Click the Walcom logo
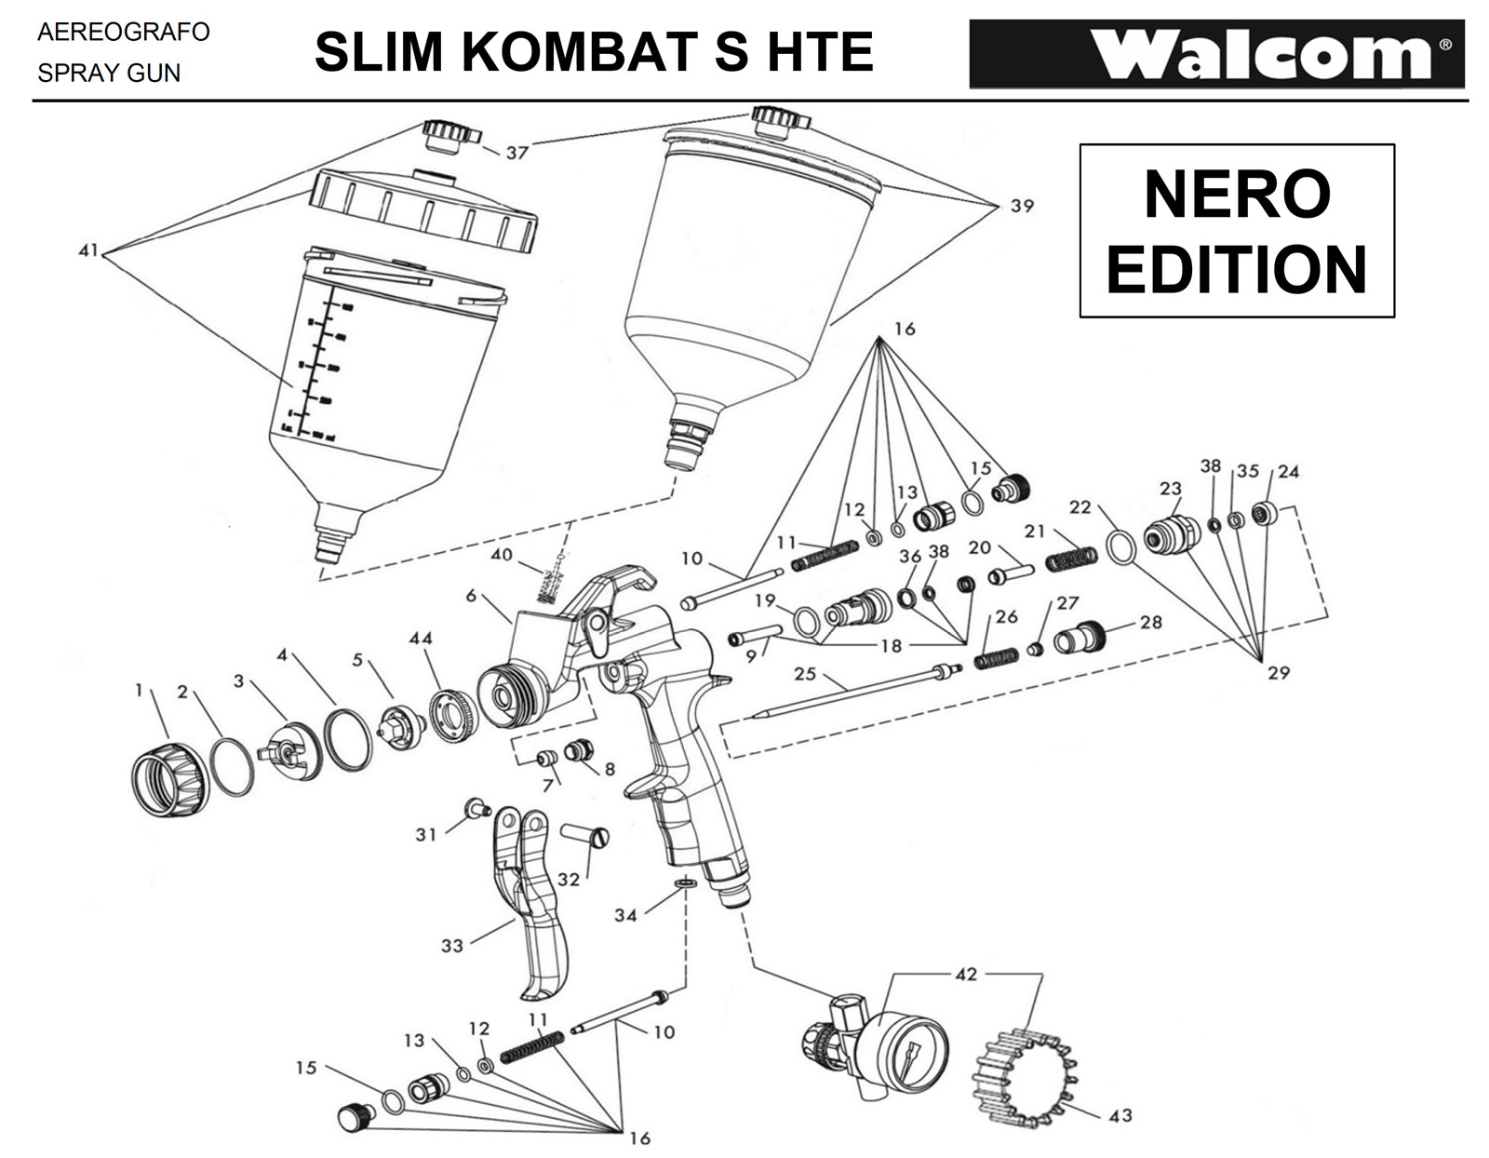tap(1217, 54)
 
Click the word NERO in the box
tap(1236, 195)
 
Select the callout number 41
tap(88, 251)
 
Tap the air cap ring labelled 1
tap(168, 774)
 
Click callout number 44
tap(421, 639)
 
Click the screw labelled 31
tap(477, 806)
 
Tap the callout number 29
tap(1278, 672)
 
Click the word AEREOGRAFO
tap(124, 33)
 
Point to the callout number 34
tap(624, 915)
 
